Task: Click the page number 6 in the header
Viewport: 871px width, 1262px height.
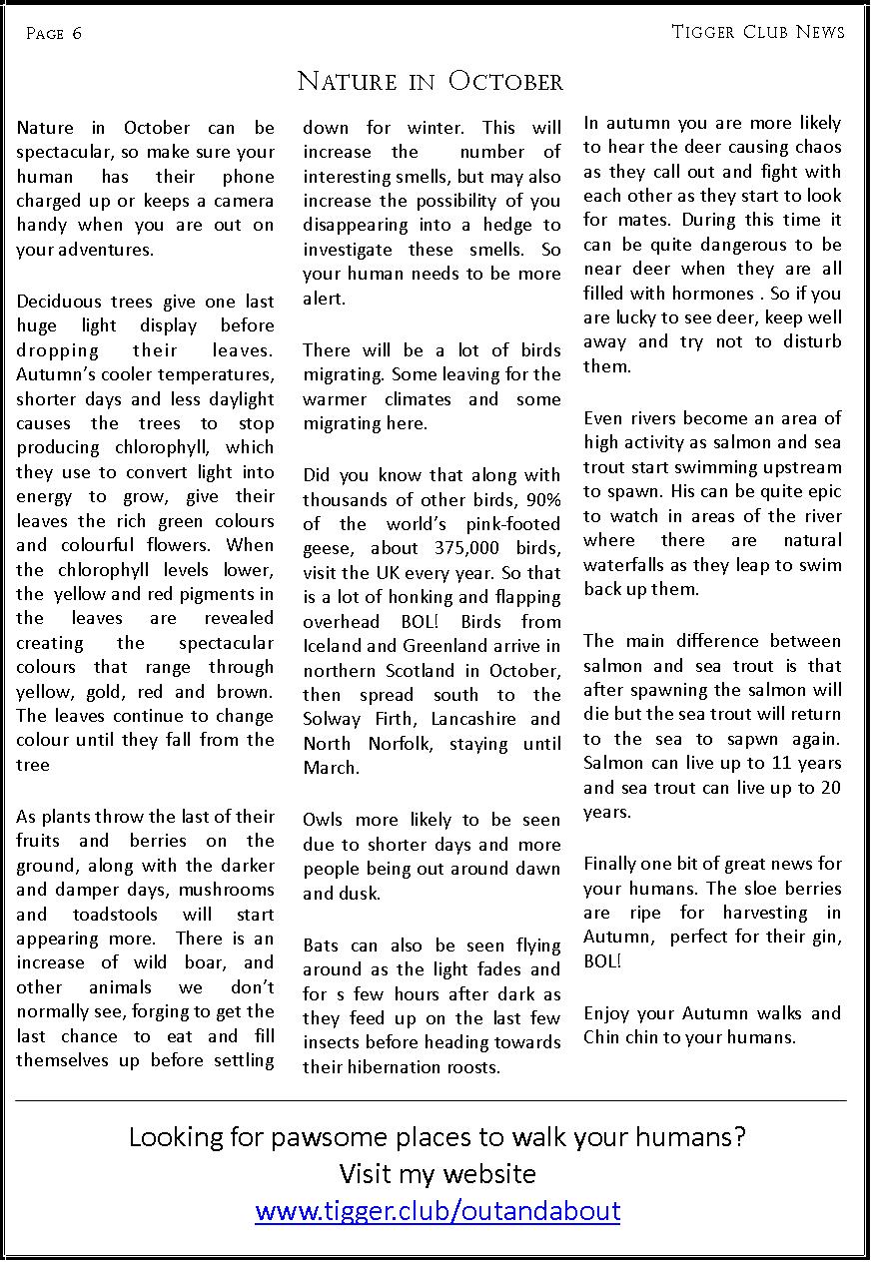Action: pyautogui.click(x=77, y=34)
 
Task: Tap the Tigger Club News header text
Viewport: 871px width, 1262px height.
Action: pyautogui.click(x=758, y=32)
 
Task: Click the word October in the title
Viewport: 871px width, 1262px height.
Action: pyautogui.click(x=505, y=81)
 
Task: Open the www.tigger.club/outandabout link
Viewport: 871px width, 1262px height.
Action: pyautogui.click(x=437, y=1211)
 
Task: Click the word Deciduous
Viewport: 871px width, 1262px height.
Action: pyautogui.click(x=58, y=302)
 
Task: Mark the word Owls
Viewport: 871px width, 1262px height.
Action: pyautogui.click(x=322, y=820)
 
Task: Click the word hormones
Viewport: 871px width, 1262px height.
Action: pyautogui.click(x=715, y=294)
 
